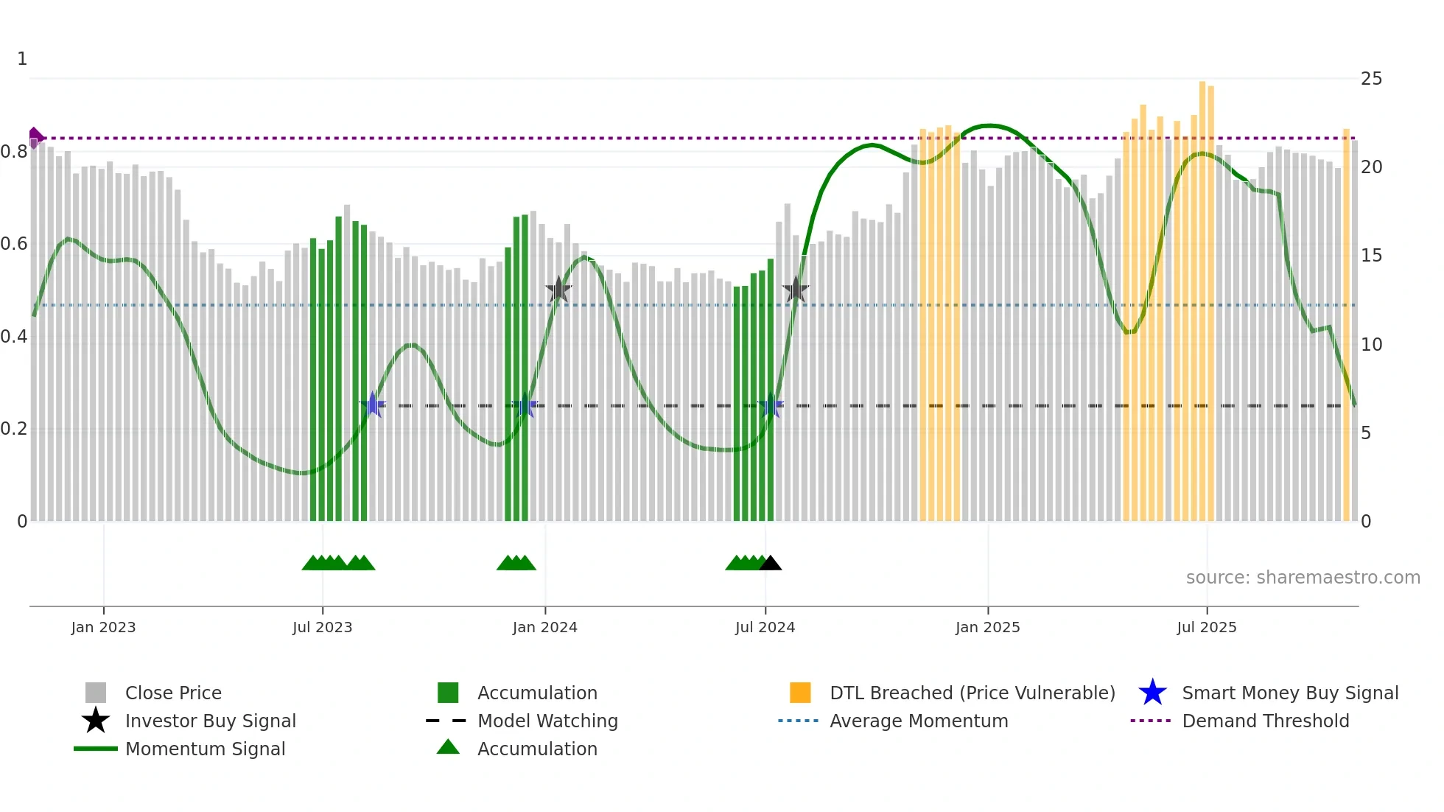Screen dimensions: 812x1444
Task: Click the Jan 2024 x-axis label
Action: pos(544,627)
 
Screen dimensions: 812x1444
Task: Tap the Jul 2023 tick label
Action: pos(322,627)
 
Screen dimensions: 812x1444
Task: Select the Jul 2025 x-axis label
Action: pos(1206,627)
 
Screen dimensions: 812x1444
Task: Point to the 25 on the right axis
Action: pos(1371,79)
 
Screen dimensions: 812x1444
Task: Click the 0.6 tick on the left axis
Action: pos(14,244)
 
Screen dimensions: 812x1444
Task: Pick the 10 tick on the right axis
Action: pos(1371,345)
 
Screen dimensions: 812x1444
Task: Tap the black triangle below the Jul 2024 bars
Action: pos(770,564)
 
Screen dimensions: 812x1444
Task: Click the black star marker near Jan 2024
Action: pos(558,290)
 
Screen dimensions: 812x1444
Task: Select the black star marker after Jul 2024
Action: pos(796,290)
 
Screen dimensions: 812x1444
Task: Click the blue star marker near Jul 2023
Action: pos(373,405)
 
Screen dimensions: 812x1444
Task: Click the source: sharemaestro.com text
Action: pos(1303,578)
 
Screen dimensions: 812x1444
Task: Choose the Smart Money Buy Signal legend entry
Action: pos(1289,693)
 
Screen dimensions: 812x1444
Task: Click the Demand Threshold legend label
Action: pos(1265,721)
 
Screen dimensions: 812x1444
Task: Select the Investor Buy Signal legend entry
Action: pos(210,721)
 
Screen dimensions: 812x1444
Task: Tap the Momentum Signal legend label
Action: pos(205,749)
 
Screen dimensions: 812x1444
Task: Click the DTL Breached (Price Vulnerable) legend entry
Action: pos(972,693)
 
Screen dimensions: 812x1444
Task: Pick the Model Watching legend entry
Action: pos(547,721)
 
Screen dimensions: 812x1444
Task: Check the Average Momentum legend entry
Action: pos(918,721)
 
